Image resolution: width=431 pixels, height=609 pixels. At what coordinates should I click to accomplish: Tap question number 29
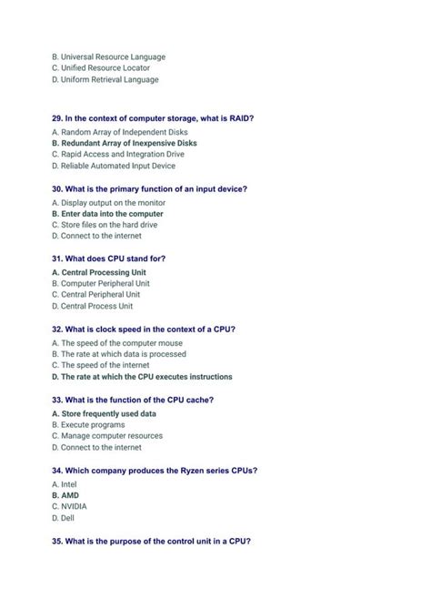pyautogui.click(x=58, y=118)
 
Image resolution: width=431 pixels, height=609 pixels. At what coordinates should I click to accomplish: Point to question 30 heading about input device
pyautogui.click(x=149, y=189)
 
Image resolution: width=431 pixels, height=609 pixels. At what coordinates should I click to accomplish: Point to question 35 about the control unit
pyautogui.click(x=151, y=541)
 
